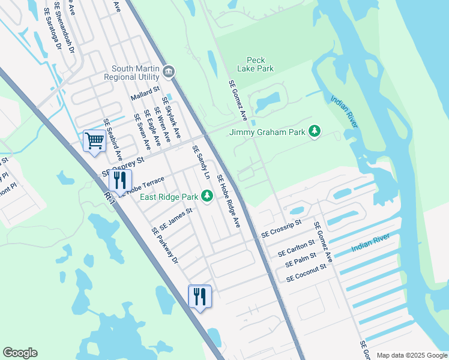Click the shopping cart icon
tap(94, 142)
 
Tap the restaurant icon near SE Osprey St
tap(120, 179)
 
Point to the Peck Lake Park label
tap(260, 64)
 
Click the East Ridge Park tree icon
tap(206, 196)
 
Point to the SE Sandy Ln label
tap(201, 163)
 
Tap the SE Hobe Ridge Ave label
tap(228, 200)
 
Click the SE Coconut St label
tap(306, 274)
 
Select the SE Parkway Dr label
tap(165, 244)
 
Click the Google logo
tap(20, 353)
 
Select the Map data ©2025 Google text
tap(411, 355)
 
